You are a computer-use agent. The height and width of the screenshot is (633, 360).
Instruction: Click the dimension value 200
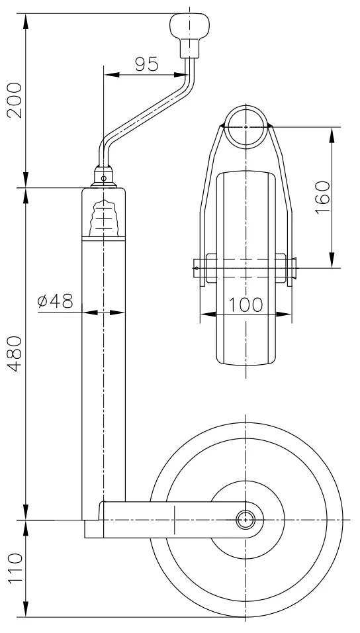(14, 99)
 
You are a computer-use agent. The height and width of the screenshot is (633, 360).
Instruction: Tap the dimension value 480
(14, 355)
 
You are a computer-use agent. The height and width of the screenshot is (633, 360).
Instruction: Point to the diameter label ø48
(55, 301)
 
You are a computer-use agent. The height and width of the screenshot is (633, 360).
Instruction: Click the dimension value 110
(14, 569)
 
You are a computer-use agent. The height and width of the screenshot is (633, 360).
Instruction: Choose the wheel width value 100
(246, 305)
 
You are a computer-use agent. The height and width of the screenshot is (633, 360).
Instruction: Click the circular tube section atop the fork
(246, 125)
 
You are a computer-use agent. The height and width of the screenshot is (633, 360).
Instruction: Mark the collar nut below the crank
(103, 177)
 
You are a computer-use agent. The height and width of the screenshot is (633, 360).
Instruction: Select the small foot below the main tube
(92, 530)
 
